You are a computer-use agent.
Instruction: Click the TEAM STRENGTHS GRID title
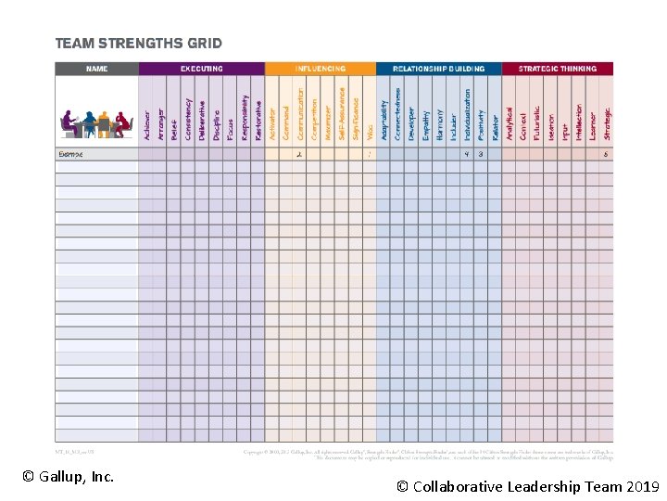[x=139, y=43]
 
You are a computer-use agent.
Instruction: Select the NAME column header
[x=96, y=69]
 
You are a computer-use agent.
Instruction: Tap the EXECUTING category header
[x=201, y=69]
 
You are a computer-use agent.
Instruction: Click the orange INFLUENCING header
[x=320, y=69]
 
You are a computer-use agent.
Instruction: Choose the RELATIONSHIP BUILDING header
[x=438, y=69]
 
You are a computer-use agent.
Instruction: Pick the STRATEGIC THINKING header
[x=557, y=69]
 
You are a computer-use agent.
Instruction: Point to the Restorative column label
[x=258, y=120]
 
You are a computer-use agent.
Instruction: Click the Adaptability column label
[x=384, y=120]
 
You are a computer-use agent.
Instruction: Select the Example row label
[x=70, y=154]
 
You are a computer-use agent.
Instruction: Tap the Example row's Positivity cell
[x=481, y=154]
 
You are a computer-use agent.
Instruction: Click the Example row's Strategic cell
[x=607, y=154]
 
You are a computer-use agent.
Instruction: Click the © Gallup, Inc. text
[x=68, y=477]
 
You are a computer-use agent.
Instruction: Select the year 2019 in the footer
[x=642, y=486]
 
